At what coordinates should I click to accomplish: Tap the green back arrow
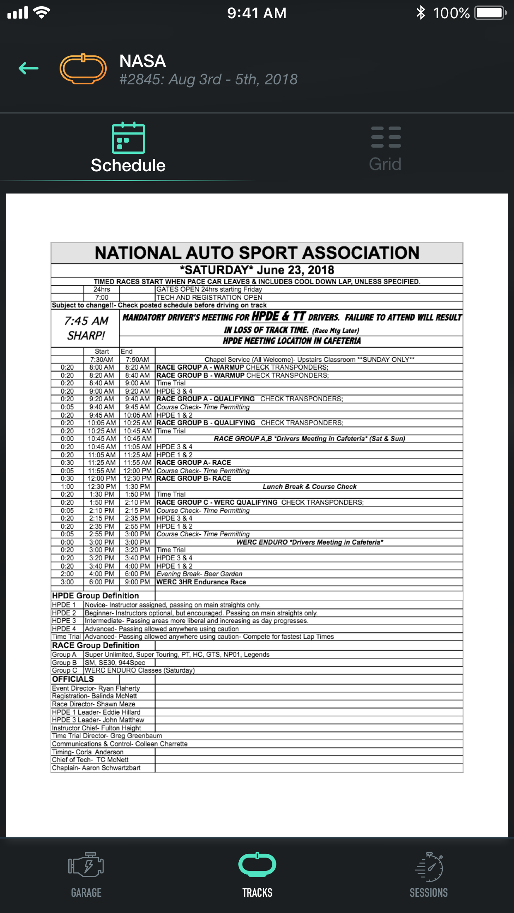(29, 68)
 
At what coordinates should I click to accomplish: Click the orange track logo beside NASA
(83, 69)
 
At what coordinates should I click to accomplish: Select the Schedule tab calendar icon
(128, 138)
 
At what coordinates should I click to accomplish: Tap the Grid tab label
(385, 164)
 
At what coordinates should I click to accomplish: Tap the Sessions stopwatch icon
(429, 866)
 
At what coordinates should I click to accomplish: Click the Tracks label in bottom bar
(257, 893)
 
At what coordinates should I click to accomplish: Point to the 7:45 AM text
(86, 321)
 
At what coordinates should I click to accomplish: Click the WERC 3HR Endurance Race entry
(201, 582)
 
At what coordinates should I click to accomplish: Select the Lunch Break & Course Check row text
(309, 487)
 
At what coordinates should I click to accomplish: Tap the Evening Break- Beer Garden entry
(199, 574)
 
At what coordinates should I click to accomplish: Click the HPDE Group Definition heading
(95, 595)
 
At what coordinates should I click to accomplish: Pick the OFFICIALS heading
(73, 679)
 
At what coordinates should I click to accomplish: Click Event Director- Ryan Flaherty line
(96, 688)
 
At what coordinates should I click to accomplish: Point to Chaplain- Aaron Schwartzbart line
(96, 768)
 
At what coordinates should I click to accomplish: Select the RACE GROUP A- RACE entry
(194, 463)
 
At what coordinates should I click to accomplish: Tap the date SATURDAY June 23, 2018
(257, 270)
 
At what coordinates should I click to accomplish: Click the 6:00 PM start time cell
(101, 582)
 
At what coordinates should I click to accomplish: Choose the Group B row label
(64, 662)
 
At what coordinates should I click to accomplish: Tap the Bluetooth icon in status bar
(420, 13)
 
